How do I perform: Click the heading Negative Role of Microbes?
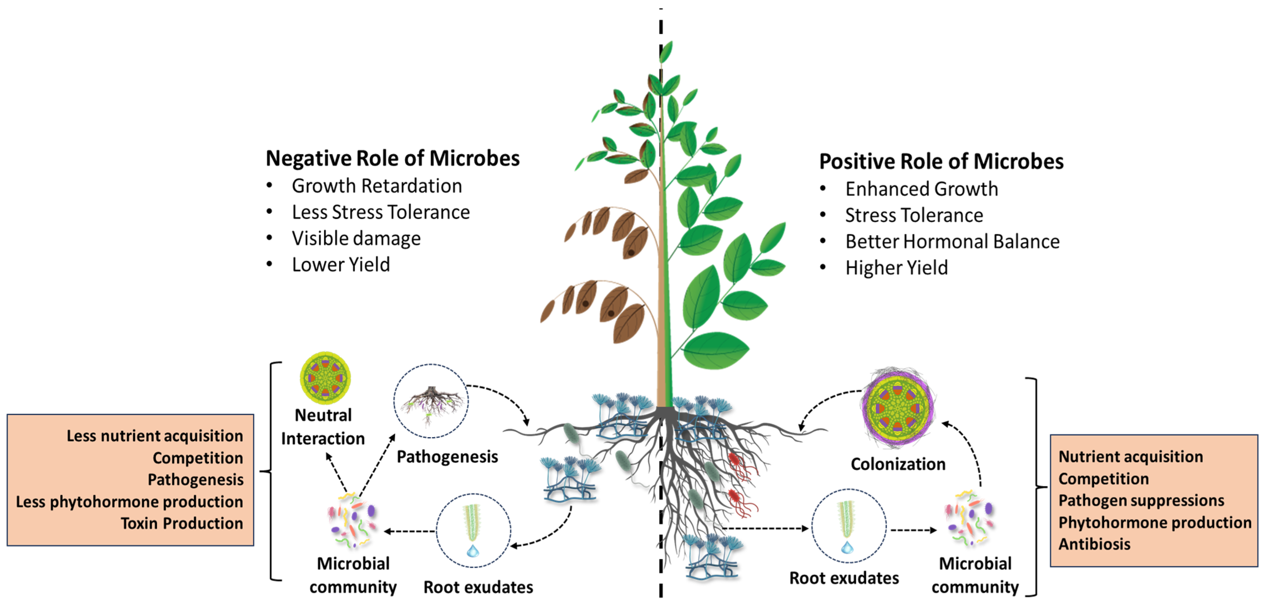pos(392,159)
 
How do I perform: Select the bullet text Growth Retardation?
pos(376,186)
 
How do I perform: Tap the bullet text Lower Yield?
pos(341,264)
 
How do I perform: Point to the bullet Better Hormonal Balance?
pos(952,241)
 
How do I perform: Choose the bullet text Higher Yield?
pos(896,268)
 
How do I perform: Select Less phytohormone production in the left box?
pos(130,501)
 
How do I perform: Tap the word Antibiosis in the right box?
pos(1094,544)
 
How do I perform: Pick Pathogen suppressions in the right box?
pos(1141,501)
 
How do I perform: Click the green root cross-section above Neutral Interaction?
pos(325,378)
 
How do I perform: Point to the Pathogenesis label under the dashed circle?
pos(447,457)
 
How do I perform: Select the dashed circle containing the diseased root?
pos(431,401)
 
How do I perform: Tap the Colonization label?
pos(898,464)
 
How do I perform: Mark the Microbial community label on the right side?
pos(975,575)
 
